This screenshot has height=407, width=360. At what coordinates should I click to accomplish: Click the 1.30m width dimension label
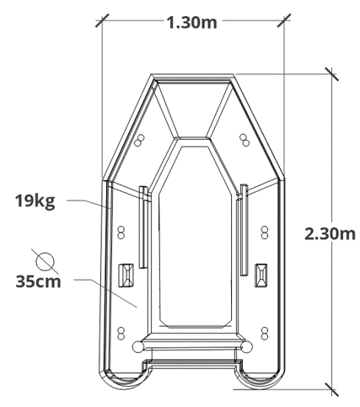[192, 23]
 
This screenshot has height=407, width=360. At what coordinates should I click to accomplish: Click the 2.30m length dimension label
[330, 233]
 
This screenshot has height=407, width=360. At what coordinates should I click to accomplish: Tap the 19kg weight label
[35, 201]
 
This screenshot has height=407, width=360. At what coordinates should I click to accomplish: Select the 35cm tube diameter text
[38, 281]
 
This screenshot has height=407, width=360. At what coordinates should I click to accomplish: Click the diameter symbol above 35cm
[45, 262]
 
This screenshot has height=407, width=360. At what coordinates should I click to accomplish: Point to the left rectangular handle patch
[126, 276]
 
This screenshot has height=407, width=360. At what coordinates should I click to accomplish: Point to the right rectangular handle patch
[261, 275]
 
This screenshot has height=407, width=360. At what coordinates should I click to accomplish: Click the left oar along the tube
[143, 227]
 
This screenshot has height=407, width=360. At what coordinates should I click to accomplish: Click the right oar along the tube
[244, 230]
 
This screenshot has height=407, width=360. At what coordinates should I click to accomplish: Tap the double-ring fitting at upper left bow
[139, 140]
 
